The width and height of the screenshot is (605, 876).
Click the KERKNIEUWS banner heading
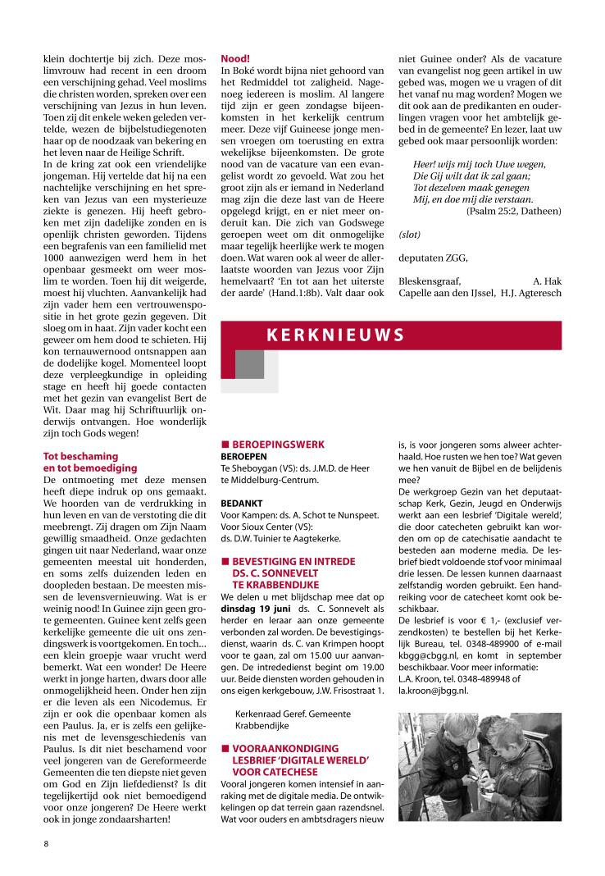[334, 334]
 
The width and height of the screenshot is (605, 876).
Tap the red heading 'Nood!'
[235, 59]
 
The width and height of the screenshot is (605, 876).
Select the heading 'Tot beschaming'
[80, 456]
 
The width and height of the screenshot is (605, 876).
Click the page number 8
[47, 842]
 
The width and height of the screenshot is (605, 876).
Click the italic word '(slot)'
[410, 234]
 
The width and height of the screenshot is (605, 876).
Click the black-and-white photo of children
[479, 766]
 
